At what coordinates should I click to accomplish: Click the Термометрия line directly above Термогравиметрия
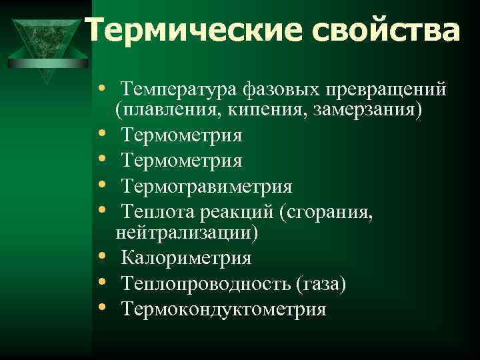(182, 160)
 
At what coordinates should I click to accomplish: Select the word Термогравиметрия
(207, 185)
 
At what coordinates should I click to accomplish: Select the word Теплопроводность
(205, 284)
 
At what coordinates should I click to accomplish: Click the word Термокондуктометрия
(224, 309)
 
